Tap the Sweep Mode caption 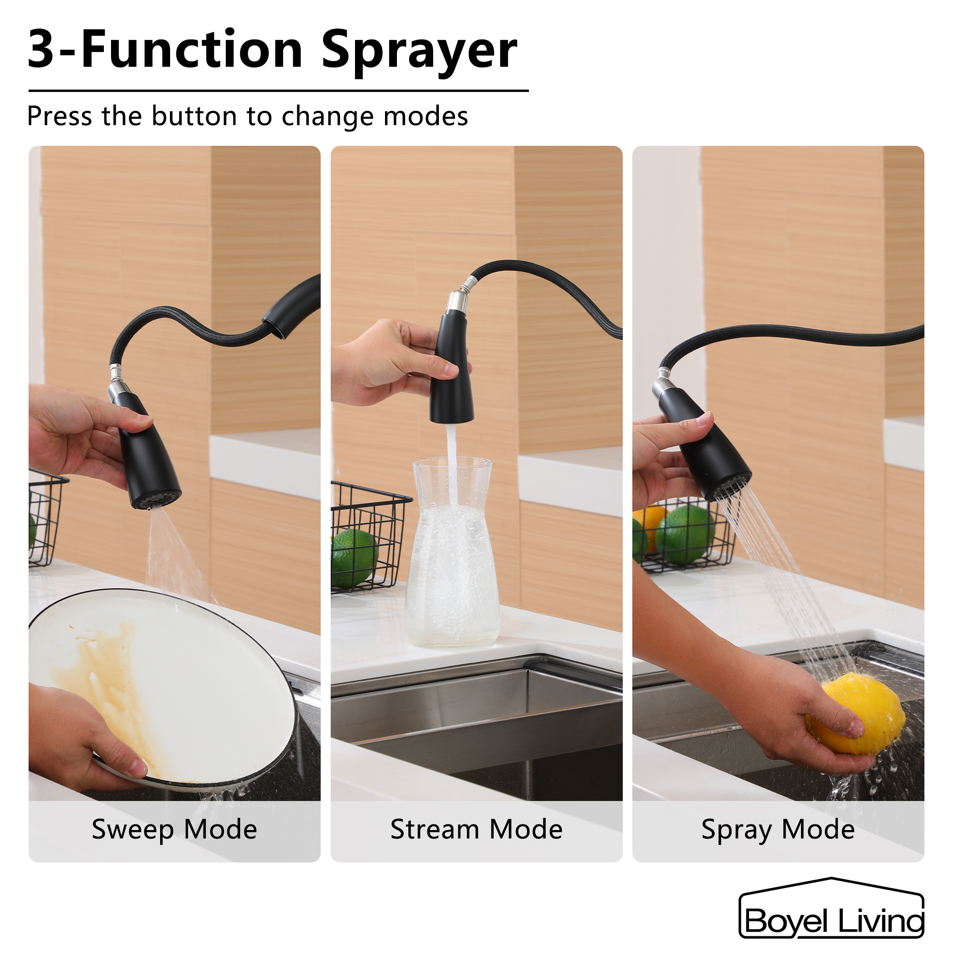click(x=174, y=829)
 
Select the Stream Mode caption click(x=476, y=829)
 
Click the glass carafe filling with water click(x=452, y=567)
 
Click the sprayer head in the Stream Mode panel click(x=452, y=375)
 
